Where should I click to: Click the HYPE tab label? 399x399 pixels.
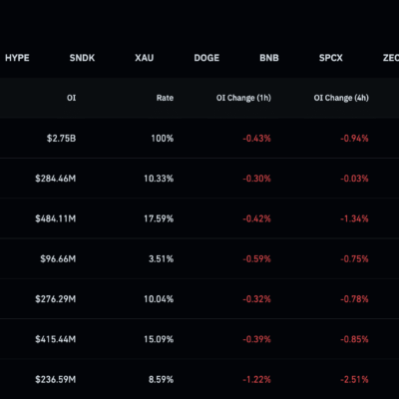[x=17, y=58]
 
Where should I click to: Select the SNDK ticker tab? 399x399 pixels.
[x=82, y=58]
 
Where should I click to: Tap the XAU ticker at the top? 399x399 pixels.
[x=145, y=58]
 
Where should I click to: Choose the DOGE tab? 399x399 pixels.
[x=206, y=58]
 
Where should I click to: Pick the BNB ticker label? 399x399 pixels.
[x=269, y=58]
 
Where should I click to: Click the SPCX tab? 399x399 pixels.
[x=331, y=58]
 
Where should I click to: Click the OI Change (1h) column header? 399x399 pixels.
[x=243, y=98]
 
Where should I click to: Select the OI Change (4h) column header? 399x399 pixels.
[x=341, y=98]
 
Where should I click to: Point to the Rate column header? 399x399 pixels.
[x=165, y=98]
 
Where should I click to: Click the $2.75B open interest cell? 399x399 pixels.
[x=61, y=139]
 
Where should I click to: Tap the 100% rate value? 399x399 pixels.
[x=163, y=139]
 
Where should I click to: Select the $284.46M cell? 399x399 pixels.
[x=56, y=179]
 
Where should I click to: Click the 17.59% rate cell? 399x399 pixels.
[x=159, y=218]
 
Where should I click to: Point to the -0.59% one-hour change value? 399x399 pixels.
[x=256, y=259]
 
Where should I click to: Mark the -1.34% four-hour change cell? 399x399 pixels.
[x=354, y=218]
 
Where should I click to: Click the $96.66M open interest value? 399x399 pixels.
[x=58, y=259]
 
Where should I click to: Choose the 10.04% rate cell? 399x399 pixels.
[x=159, y=299]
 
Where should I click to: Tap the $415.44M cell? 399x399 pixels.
[x=56, y=339]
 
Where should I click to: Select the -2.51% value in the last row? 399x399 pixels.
[x=354, y=380]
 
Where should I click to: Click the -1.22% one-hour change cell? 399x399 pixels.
[x=256, y=380]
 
